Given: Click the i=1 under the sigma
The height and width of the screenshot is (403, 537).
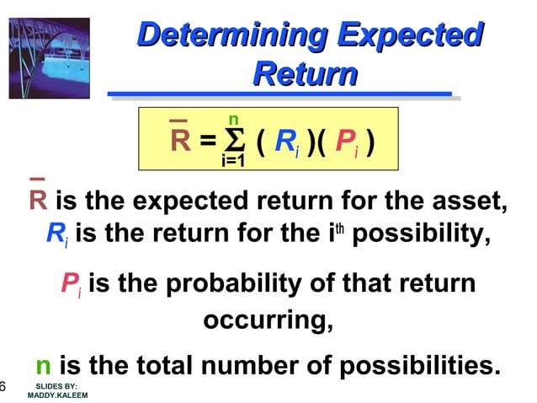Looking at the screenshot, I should [233, 160].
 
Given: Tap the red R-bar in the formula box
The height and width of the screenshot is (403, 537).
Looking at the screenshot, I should [180, 139].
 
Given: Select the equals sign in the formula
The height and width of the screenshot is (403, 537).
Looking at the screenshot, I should [207, 141].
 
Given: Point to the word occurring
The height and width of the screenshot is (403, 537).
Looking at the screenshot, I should [268, 320].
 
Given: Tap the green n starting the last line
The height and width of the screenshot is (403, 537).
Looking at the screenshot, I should [44, 368].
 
